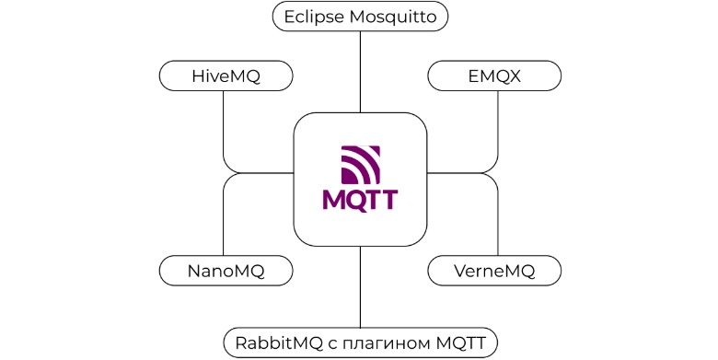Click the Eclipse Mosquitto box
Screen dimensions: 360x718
coord(360,17)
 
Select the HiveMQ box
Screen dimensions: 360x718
coord(226,75)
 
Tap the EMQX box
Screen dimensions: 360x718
coord(494,75)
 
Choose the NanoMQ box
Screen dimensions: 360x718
coord(226,271)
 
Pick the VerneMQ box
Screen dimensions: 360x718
coord(494,271)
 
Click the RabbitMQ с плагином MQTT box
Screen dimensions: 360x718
coord(360,343)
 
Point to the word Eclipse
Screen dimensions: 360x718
coord(314,17)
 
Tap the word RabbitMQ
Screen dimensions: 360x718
coord(277,343)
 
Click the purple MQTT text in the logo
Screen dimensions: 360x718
coord(360,199)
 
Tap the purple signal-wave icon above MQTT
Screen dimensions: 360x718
coord(360,164)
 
